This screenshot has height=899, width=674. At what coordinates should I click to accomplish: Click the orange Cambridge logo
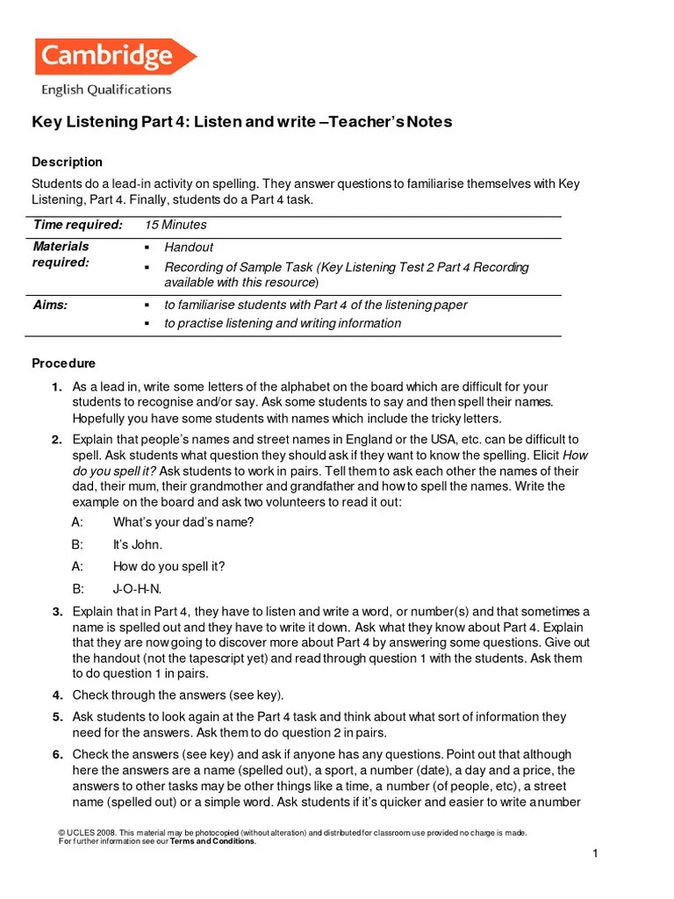tap(115, 57)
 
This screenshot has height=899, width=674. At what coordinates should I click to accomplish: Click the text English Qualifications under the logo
tap(106, 90)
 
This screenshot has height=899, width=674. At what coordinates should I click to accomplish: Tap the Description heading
tap(67, 162)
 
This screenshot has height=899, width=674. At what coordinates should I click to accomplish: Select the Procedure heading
tap(63, 363)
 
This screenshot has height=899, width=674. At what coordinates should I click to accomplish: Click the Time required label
tap(77, 226)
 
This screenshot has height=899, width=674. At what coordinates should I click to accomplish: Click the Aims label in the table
tap(50, 305)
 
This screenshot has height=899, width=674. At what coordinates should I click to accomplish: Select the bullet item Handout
tap(189, 248)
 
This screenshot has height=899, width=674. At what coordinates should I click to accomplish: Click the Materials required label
tap(61, 255)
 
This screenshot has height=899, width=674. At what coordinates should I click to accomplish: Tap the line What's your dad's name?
tap(183, 522)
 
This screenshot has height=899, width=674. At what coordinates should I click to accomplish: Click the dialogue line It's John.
tap(138, 544)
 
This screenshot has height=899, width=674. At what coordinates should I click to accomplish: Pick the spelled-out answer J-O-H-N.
tap(138, 588)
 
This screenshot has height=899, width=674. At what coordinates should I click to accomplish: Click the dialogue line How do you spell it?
tap(169, 566)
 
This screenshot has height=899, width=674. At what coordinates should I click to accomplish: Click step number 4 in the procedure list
tap(56, 695)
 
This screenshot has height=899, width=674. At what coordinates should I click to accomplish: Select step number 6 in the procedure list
tap(56, 754)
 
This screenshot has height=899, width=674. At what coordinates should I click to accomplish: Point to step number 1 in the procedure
tap(56, 387)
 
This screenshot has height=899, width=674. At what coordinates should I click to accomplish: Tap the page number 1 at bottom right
tap(594, 854)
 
